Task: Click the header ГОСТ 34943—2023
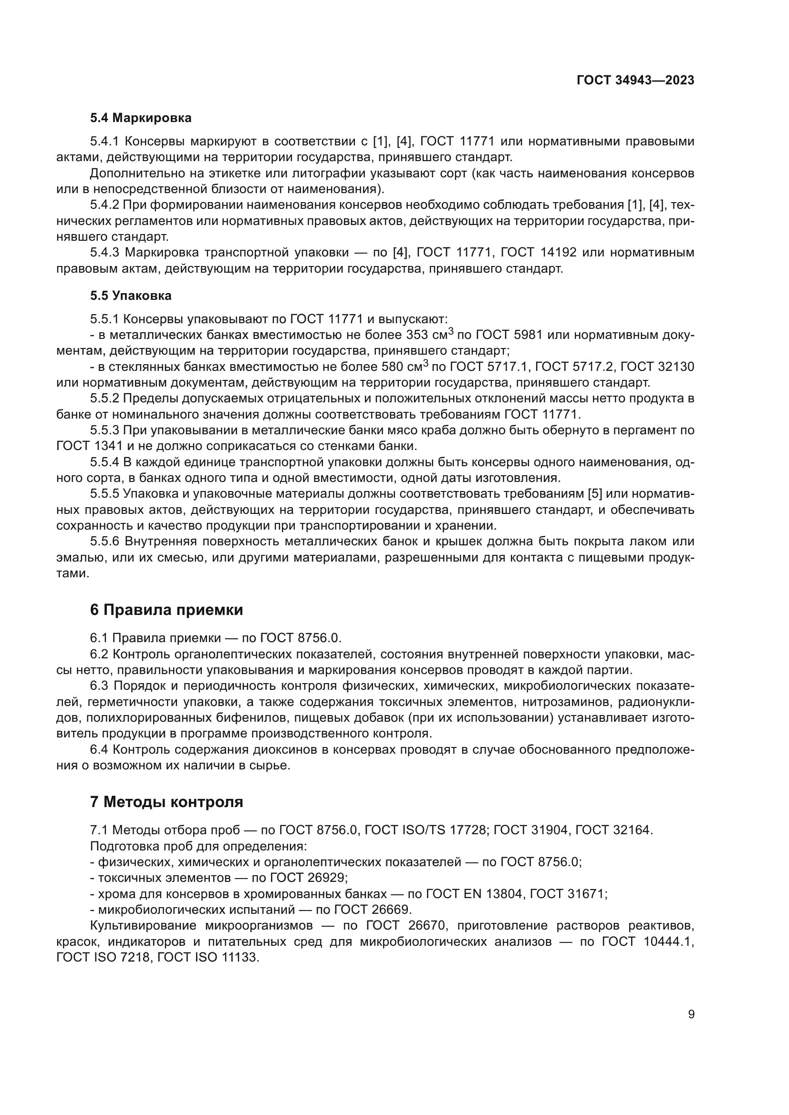click(635, 80)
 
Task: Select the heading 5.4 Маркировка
click(140, 118)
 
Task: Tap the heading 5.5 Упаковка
click(130, 296)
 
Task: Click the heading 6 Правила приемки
click(166, 610)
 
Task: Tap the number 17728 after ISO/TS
click(468, 830)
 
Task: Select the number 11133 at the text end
click(240, 958)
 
